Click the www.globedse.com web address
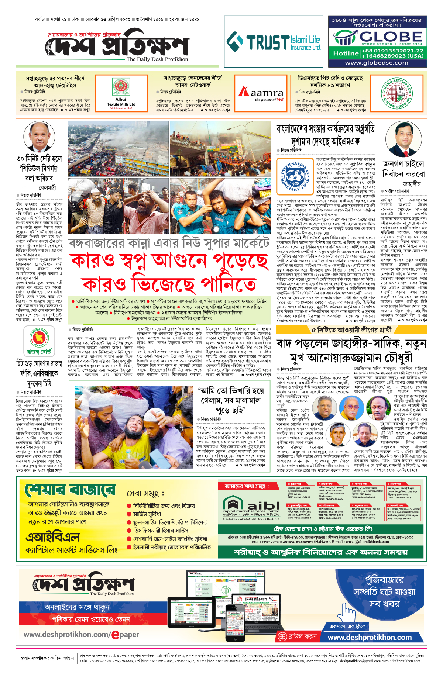tap(377, 63)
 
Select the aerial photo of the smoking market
tap(118, 149)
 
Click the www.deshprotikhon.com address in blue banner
tap(370, 637)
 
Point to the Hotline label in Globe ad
tap(346, 53)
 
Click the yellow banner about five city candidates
tap(351, 330)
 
